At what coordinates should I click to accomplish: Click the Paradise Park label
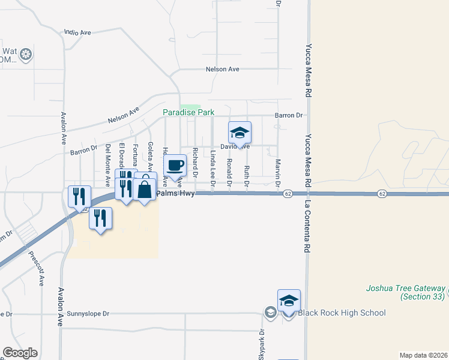[188, 112]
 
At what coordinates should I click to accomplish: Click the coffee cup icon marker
[175, 165]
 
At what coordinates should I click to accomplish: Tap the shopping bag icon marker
[145, 190]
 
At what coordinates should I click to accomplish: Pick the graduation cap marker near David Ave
[240, 133]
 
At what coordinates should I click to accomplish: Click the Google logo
[20, 353]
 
